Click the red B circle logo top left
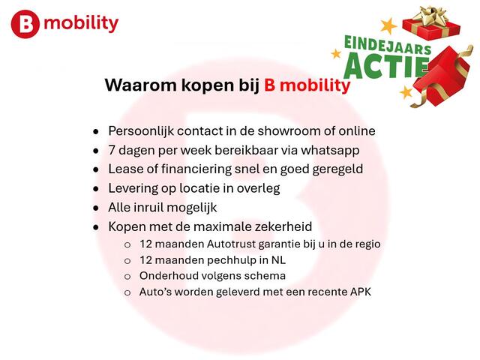(25, 25)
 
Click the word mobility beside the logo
(81, 23)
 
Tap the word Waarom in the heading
(134, 85)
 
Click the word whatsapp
(331, 150)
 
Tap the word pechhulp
(215, 260)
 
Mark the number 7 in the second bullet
(112, 150)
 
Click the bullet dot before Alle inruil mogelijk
(95, 208)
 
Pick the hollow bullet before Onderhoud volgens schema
(127, 277)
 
